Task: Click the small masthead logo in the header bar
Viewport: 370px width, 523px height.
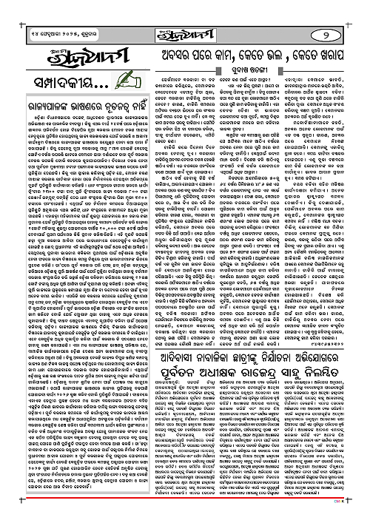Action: [186, 14]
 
